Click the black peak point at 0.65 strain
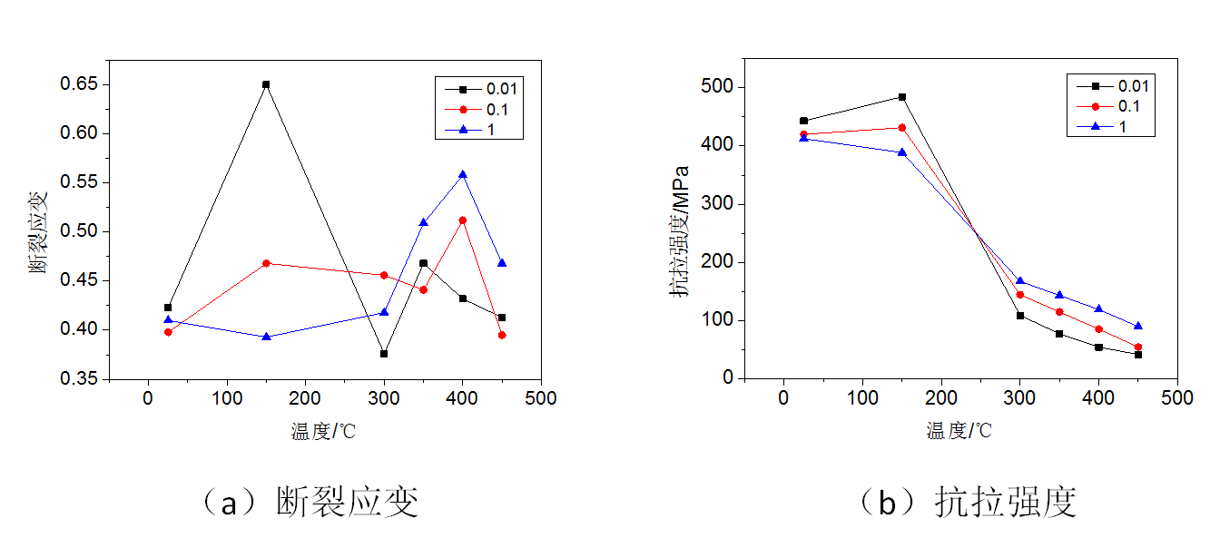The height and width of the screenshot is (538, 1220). (266, 84)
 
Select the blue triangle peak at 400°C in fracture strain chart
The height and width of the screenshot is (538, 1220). (462, 174)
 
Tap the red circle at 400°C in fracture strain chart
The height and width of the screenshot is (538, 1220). (462, 220)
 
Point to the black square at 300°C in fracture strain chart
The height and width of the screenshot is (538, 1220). (384, 354)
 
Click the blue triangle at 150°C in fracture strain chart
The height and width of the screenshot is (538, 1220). (266, 337)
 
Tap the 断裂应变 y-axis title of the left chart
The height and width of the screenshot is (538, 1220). (38, 231)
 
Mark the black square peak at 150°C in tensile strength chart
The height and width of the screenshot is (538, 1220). (902, 97)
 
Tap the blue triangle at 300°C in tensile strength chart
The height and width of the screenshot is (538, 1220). (1020, 281)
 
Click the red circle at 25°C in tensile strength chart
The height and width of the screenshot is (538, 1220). (803, 135)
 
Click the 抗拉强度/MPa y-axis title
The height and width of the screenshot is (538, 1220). (679, 231)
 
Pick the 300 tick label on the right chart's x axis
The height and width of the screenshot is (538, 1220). (1019, 398)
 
